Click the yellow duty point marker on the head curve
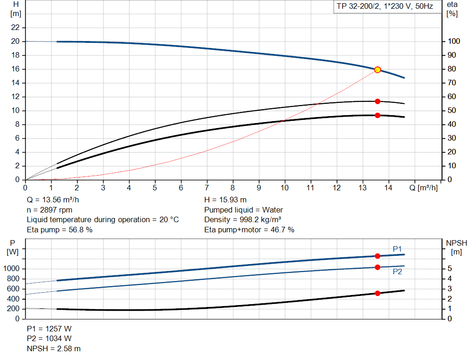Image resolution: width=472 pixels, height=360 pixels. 378,70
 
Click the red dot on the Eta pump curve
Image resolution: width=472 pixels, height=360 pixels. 378,101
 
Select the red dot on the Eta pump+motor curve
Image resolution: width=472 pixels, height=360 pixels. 378,115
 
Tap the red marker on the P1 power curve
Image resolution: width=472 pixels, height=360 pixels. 378,256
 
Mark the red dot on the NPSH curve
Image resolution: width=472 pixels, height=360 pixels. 378,293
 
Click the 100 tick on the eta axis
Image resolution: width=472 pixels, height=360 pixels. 454,41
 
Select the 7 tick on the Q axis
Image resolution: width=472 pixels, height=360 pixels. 207,188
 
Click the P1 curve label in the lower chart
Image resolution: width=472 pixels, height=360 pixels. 397,249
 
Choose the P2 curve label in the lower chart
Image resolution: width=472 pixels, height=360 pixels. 397,272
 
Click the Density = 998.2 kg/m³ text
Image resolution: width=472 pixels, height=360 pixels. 242,219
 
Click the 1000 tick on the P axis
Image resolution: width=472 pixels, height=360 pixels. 13,269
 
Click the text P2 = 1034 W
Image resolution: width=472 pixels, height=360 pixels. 49,338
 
